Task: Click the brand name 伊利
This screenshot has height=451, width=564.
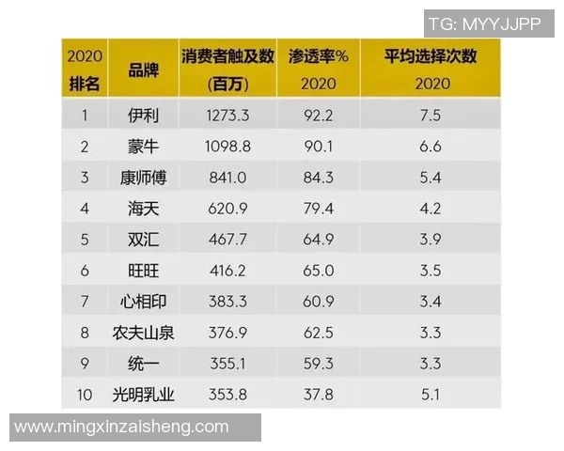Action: [144, 116]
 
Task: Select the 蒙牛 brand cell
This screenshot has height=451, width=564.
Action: [144, 147]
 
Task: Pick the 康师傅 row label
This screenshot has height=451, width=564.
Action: [144, 178]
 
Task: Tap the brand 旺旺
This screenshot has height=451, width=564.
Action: [144, 271]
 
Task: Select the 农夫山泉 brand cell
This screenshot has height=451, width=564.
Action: [144, 332]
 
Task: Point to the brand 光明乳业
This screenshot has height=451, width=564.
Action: [144, 394]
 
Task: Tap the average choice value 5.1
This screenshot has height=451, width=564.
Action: [430, 394]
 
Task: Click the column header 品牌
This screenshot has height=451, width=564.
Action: [144, 69]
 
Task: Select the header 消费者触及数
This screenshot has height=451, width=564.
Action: [227, 56]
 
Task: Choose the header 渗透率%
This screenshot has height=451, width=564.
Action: [319, 56]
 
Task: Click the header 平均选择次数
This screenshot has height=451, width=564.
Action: [430, 56]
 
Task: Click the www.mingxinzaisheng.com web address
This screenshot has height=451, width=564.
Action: [122, 427]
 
